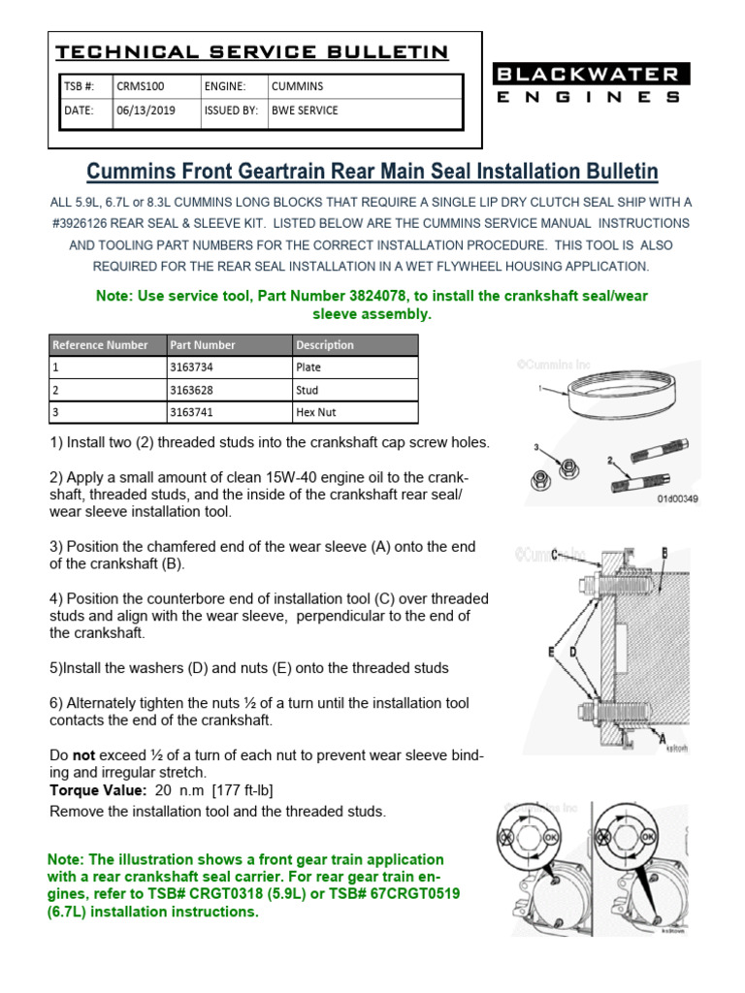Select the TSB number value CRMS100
[139, 86]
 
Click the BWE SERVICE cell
[305, 111]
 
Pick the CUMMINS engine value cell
[297, 86]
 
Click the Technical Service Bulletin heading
[251, 52]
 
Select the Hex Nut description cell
[315, 412]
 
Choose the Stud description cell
[308, 390]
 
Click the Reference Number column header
[101, 345]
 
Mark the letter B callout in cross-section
[664, 553]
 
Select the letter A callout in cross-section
[662, 740]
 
